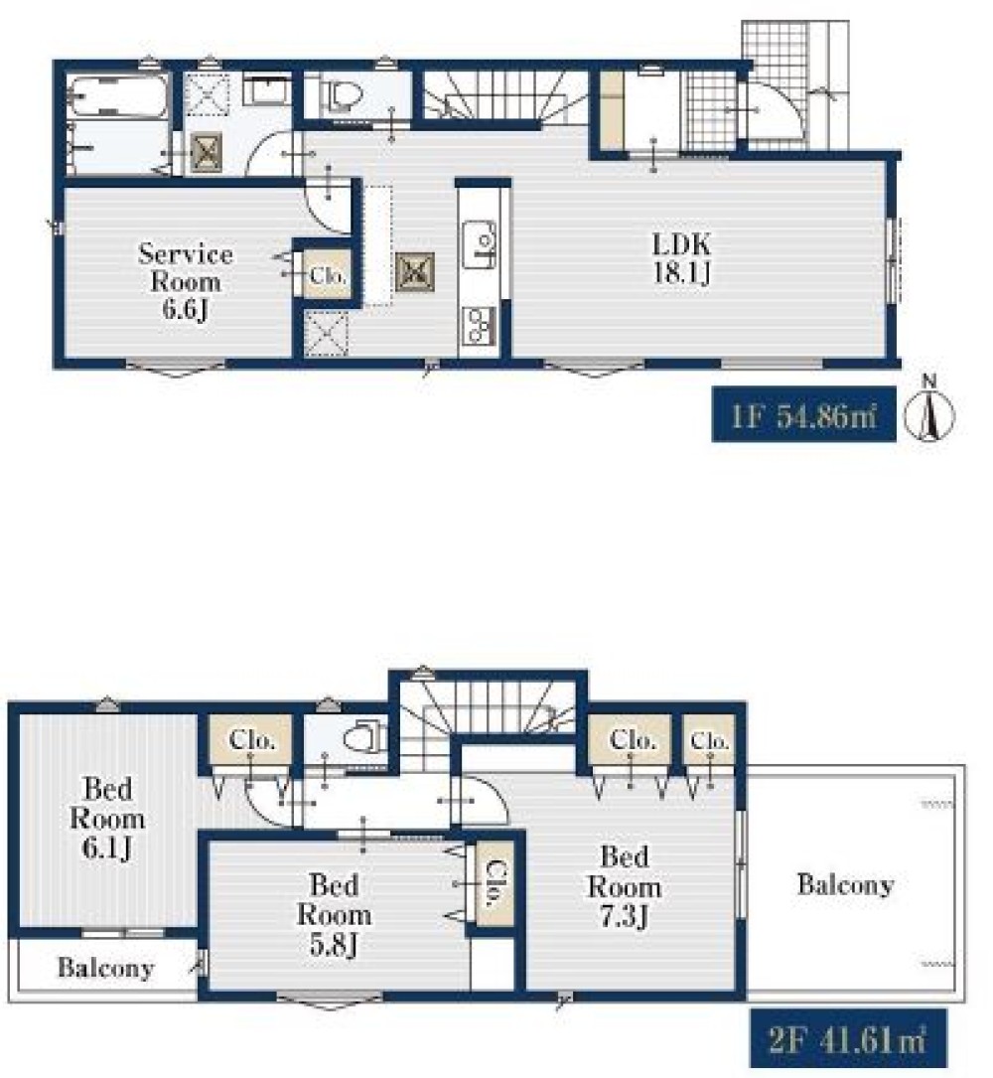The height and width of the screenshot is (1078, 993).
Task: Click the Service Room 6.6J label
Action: (x=186, y=282)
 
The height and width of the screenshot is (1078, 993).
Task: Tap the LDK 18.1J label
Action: (x=682, y=258)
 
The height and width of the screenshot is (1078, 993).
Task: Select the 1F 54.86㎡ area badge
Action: (x=804, y=414)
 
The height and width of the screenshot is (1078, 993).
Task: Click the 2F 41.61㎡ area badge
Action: (x=847, y=1037)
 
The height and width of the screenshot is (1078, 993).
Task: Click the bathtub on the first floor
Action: (x=121, y=97)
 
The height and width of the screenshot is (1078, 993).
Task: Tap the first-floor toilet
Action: (x=344, y=95)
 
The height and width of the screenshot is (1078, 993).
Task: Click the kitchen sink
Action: (x=480, y=244)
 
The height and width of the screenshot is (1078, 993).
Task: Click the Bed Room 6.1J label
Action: (x=107, y=818)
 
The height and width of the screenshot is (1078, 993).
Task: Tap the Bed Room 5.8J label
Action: (x=334, y=914)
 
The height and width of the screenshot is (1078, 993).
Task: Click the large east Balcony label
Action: (x=845, y=884)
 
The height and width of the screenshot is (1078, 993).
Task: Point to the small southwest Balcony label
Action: (x=106, y=968)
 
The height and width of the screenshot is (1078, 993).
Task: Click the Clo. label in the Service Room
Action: (x=327, y=276)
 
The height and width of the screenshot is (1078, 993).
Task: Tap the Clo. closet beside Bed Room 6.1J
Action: (x=251, y=740)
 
